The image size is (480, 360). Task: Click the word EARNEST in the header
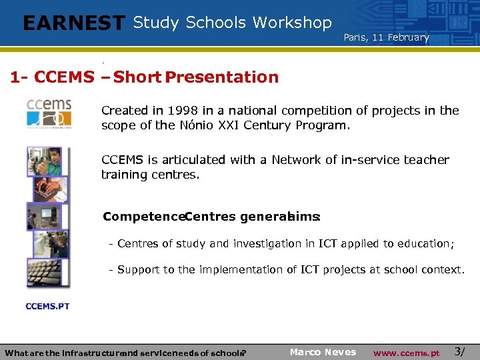click(x=73, y=23)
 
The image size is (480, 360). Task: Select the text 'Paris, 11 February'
click(x=386, y=37)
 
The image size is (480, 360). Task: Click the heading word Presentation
click(x=221, y=77)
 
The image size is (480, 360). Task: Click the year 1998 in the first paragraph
click(x=183, y=111)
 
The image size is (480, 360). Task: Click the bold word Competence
click(x=143, y=217)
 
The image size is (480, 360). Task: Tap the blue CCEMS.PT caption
click(x=47, y=306)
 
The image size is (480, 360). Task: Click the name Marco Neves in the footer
click(x=323, y=352)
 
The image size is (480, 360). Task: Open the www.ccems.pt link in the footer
click(x=406, y=353)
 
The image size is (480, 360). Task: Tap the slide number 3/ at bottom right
click(x=459, y=351)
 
